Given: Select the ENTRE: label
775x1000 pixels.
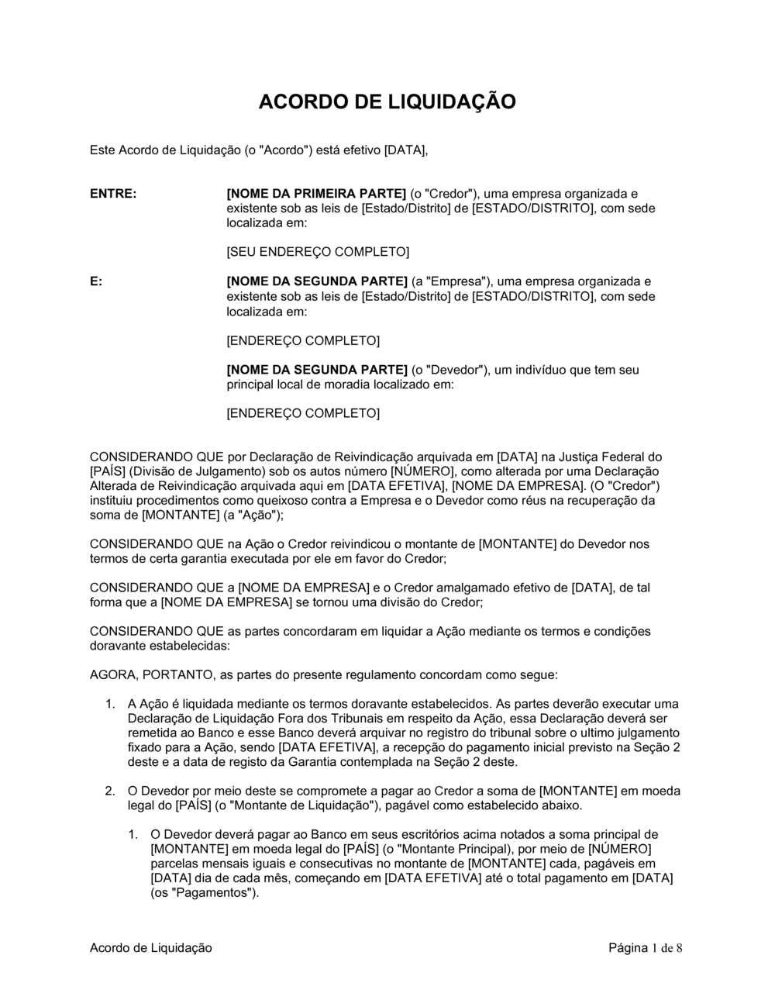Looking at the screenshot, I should click(113, 193).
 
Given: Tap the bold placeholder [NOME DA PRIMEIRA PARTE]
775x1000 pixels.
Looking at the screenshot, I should click(315, 193).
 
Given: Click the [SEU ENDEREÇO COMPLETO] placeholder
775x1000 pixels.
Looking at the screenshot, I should click(317, 252).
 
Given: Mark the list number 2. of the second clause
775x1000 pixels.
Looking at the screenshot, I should click(110, 791).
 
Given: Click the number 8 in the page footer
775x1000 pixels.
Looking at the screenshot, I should click(680, 948).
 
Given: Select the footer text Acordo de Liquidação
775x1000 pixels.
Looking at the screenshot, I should click(151, 948).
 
